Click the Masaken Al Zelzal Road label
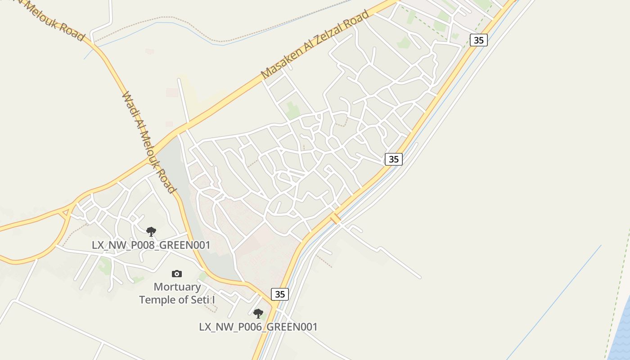coord(315,45)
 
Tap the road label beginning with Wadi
coord(148,143)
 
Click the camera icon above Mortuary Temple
coord(177,274)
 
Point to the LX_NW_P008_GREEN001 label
coord(151,245)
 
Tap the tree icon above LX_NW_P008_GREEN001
coord(151,232)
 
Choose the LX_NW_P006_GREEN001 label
coord(258,327)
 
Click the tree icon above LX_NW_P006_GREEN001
coord(258,313)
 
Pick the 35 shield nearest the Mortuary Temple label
coord(280,294)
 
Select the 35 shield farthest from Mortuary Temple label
coord(479,40)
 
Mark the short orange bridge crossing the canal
coord(335,219)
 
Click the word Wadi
coord(130,103)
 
